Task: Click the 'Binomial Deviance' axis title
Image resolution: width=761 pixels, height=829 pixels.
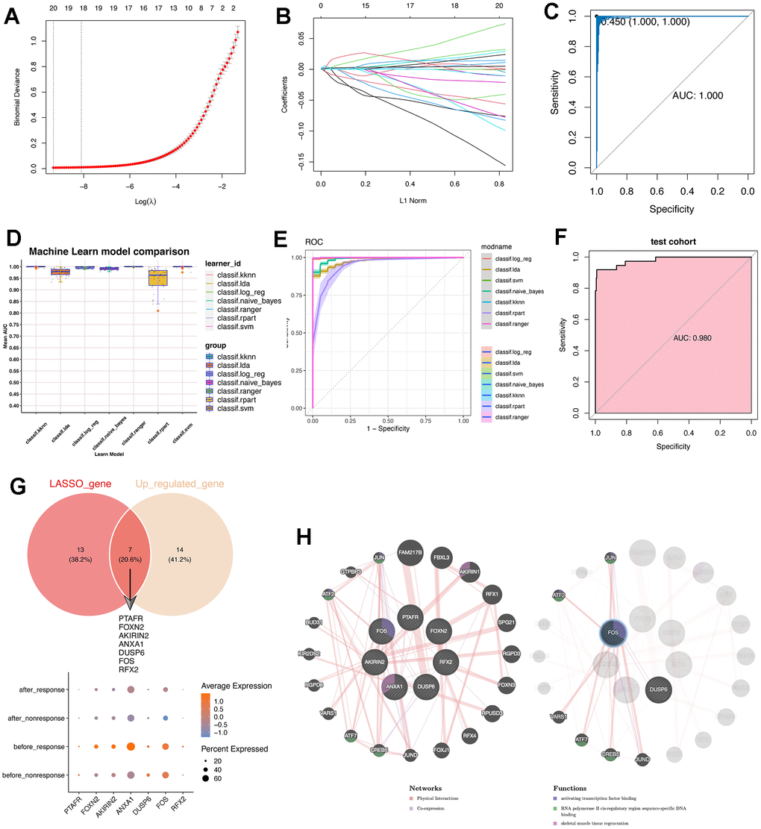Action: click(x=17, y=95)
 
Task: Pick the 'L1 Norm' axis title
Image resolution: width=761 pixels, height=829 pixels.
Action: click(x=410, y=201)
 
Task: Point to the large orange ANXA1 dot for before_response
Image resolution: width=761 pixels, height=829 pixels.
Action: click(x=131, y=746)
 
